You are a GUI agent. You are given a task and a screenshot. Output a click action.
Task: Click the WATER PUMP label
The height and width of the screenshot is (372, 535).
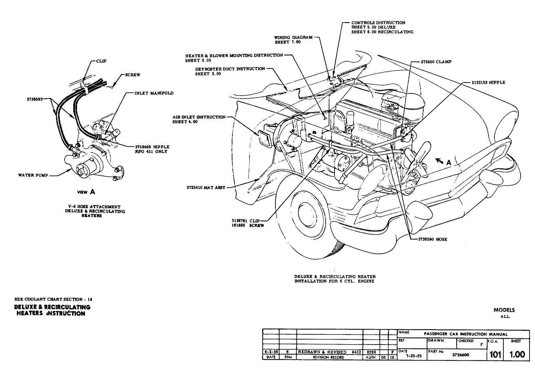pos(31,175)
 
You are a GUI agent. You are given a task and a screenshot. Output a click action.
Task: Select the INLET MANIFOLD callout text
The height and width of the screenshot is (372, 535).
pos(154,93)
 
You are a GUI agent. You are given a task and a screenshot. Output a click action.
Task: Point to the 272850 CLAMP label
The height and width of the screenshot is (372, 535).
pos(436,62)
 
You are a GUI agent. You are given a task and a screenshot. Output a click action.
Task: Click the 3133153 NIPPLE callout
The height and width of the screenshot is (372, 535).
pos(488,82)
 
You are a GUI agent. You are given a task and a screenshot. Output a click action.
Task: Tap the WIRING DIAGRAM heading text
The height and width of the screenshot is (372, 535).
pos(293,37)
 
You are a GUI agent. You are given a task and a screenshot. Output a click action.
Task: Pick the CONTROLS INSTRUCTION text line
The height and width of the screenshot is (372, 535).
pos(378,23)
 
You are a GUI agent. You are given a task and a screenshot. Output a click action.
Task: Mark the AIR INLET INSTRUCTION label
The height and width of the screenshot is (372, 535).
pos(199,117)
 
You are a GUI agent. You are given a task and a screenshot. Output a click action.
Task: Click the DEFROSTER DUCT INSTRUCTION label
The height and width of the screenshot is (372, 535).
pos(230,69)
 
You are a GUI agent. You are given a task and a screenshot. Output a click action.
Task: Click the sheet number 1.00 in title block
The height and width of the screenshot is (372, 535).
pos(517,354)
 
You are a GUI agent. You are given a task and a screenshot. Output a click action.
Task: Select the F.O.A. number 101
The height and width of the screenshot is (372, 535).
pos(495,354)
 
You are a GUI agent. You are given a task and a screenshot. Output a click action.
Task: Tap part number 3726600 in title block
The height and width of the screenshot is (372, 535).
pos(460,355)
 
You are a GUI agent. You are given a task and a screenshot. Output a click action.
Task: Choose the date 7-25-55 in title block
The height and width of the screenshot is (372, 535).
pos(411,356)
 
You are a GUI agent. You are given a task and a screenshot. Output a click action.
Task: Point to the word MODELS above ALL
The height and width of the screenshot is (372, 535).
pos(504,310)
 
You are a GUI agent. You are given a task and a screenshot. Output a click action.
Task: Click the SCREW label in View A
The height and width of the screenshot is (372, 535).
pos(133,75)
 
